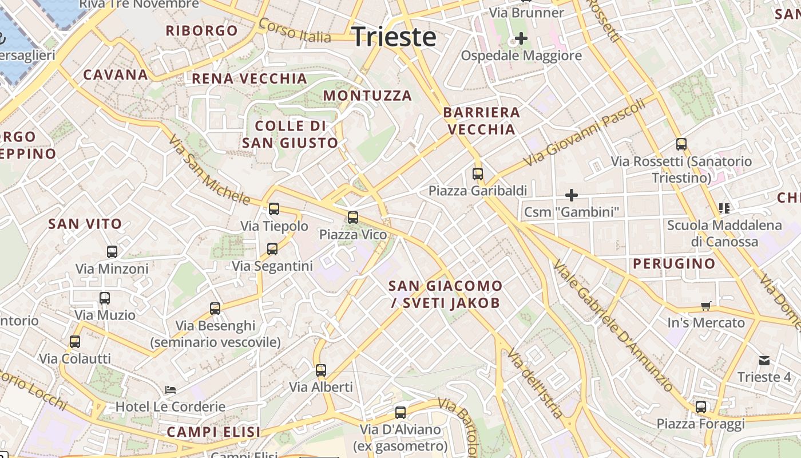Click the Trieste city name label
pyautogui.click(x=394, y=37)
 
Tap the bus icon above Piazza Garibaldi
pyautogui.click(x=478, y=173)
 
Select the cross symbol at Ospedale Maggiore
pyautogui.click(x=521, y=38)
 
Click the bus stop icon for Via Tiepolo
pyautogui.click(x=274, y=209)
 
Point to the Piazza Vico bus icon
pyautogui.click(x=353, y=218)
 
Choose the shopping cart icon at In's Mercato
pyautogui.click(x=706, y=306)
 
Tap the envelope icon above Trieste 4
pyautogui.click(x=764, y=360)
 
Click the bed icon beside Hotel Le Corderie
pyautogui.click(x=170, y=390)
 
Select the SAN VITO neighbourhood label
pyautogui.click(x=85, y=224)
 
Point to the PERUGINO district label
pyautogui.click(x=674, y=264)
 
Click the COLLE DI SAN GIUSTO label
pyautogui.click(x=290, y=134)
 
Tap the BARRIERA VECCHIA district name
pyautogui.click(x=482, y=121)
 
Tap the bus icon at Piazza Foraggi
pyautogui.click(x=701, y=407)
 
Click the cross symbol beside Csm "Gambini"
pyautogui.click(x=571, y=195)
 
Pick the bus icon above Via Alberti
pyautogui.click(x=321, y=370)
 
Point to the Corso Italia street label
pyautogui.click(x=295, y=31)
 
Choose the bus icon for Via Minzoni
pyautogui.click(x=112, y=251)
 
